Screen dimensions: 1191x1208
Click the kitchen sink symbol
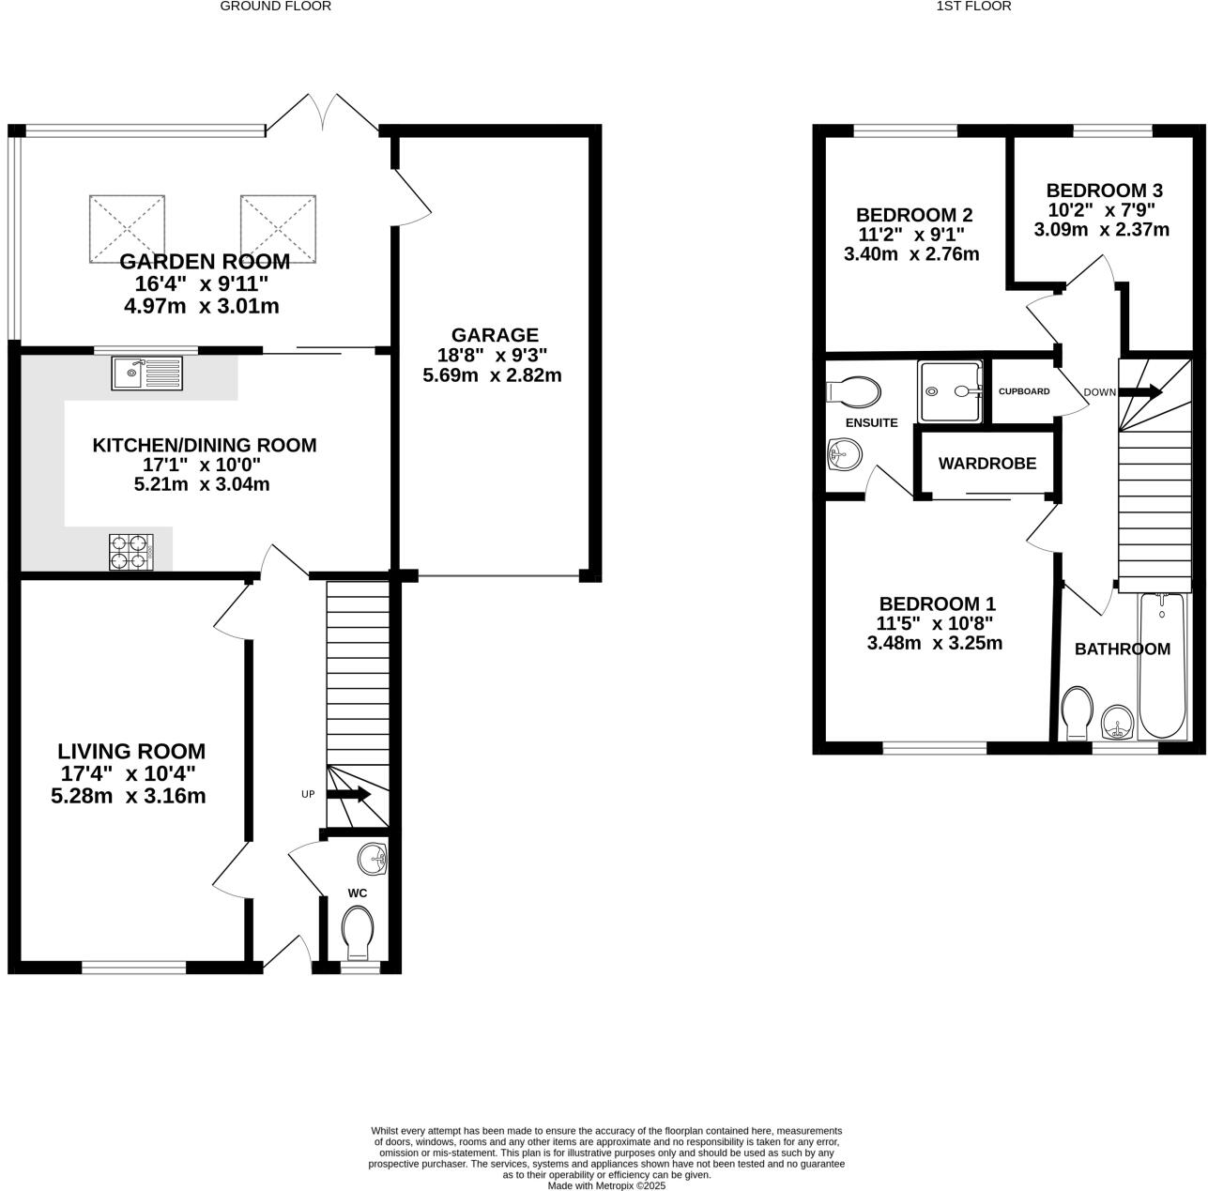click(x=147, y=374)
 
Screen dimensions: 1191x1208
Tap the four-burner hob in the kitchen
click(x=131, y=551)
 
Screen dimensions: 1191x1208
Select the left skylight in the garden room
click(x=127, y=228)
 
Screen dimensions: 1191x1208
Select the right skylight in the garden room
click(x=278, y=228)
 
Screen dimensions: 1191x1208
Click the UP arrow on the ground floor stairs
click(x=348, y=795)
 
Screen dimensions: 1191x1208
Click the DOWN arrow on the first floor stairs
click(x=1139, y=391)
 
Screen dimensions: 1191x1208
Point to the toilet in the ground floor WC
click(x=358, y=930)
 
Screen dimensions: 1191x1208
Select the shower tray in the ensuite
click(x=949, y=390)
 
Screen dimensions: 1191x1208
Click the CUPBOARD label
click(x=1023, y=391)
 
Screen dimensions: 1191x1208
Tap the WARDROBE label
click(x=986, y=464)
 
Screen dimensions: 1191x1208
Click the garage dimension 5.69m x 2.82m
click(x=493, y=375)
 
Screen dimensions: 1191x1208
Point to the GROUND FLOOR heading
click(x=275, y=7)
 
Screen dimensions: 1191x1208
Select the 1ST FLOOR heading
click(x=960, y=7)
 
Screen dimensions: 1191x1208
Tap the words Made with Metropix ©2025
click(x=606, y=1185)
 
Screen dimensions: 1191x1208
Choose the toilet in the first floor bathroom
click(x=1077, y=712)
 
